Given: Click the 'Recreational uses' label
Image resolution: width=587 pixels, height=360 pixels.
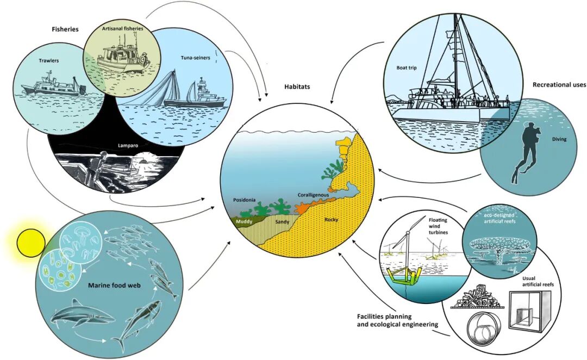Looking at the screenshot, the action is [x=559, y=85].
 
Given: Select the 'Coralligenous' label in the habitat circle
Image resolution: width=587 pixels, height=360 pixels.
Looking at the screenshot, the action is [x=314, y=195].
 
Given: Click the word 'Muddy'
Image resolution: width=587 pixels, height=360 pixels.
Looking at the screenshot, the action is [x=245, y=221].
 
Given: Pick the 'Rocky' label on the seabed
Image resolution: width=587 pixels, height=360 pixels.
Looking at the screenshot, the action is [x=331, y=220].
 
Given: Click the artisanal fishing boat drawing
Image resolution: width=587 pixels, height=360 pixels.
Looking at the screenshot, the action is [x=123, y=57].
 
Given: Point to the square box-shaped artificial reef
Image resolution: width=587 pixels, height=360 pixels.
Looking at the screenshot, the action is [x=529, y=313].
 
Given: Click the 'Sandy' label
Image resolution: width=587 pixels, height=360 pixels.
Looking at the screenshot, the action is [x=283, y=222].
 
